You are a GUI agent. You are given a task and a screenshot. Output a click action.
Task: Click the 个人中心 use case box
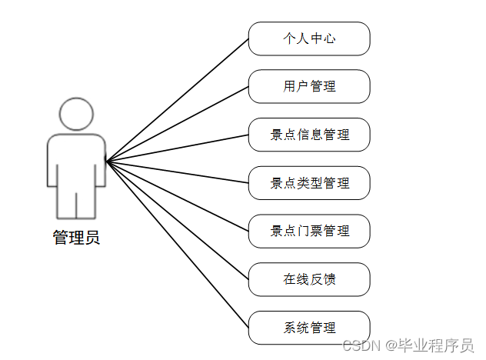point(309,38)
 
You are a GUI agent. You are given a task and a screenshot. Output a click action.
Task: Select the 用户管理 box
point(309,86)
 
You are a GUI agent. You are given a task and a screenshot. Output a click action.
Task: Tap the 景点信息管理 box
point(309,135)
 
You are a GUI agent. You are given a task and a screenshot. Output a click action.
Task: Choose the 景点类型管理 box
point(309,183)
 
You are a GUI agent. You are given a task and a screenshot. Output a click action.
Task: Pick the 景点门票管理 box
point(309,231)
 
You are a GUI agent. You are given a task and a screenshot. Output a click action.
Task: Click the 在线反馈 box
point(309,279)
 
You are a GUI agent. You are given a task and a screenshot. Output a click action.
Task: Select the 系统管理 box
point(309,327)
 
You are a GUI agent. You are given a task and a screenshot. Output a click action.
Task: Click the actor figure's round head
point(75,115)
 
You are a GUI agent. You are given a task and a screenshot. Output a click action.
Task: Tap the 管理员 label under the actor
point(76,238)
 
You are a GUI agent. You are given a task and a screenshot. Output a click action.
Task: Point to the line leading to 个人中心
point(177,100)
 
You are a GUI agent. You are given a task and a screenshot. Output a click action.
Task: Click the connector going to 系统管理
point(177,244)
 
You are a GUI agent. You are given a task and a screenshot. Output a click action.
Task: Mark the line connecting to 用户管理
point(177,124)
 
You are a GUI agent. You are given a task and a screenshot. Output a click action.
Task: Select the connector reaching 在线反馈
point(177,220)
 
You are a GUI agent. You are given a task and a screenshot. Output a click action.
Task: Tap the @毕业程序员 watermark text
point(430,345)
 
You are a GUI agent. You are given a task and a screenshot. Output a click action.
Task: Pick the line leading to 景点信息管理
point(177,148)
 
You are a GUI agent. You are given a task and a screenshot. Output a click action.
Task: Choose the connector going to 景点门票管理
point(177,196)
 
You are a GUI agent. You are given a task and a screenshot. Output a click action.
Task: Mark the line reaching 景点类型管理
point(177,172)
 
